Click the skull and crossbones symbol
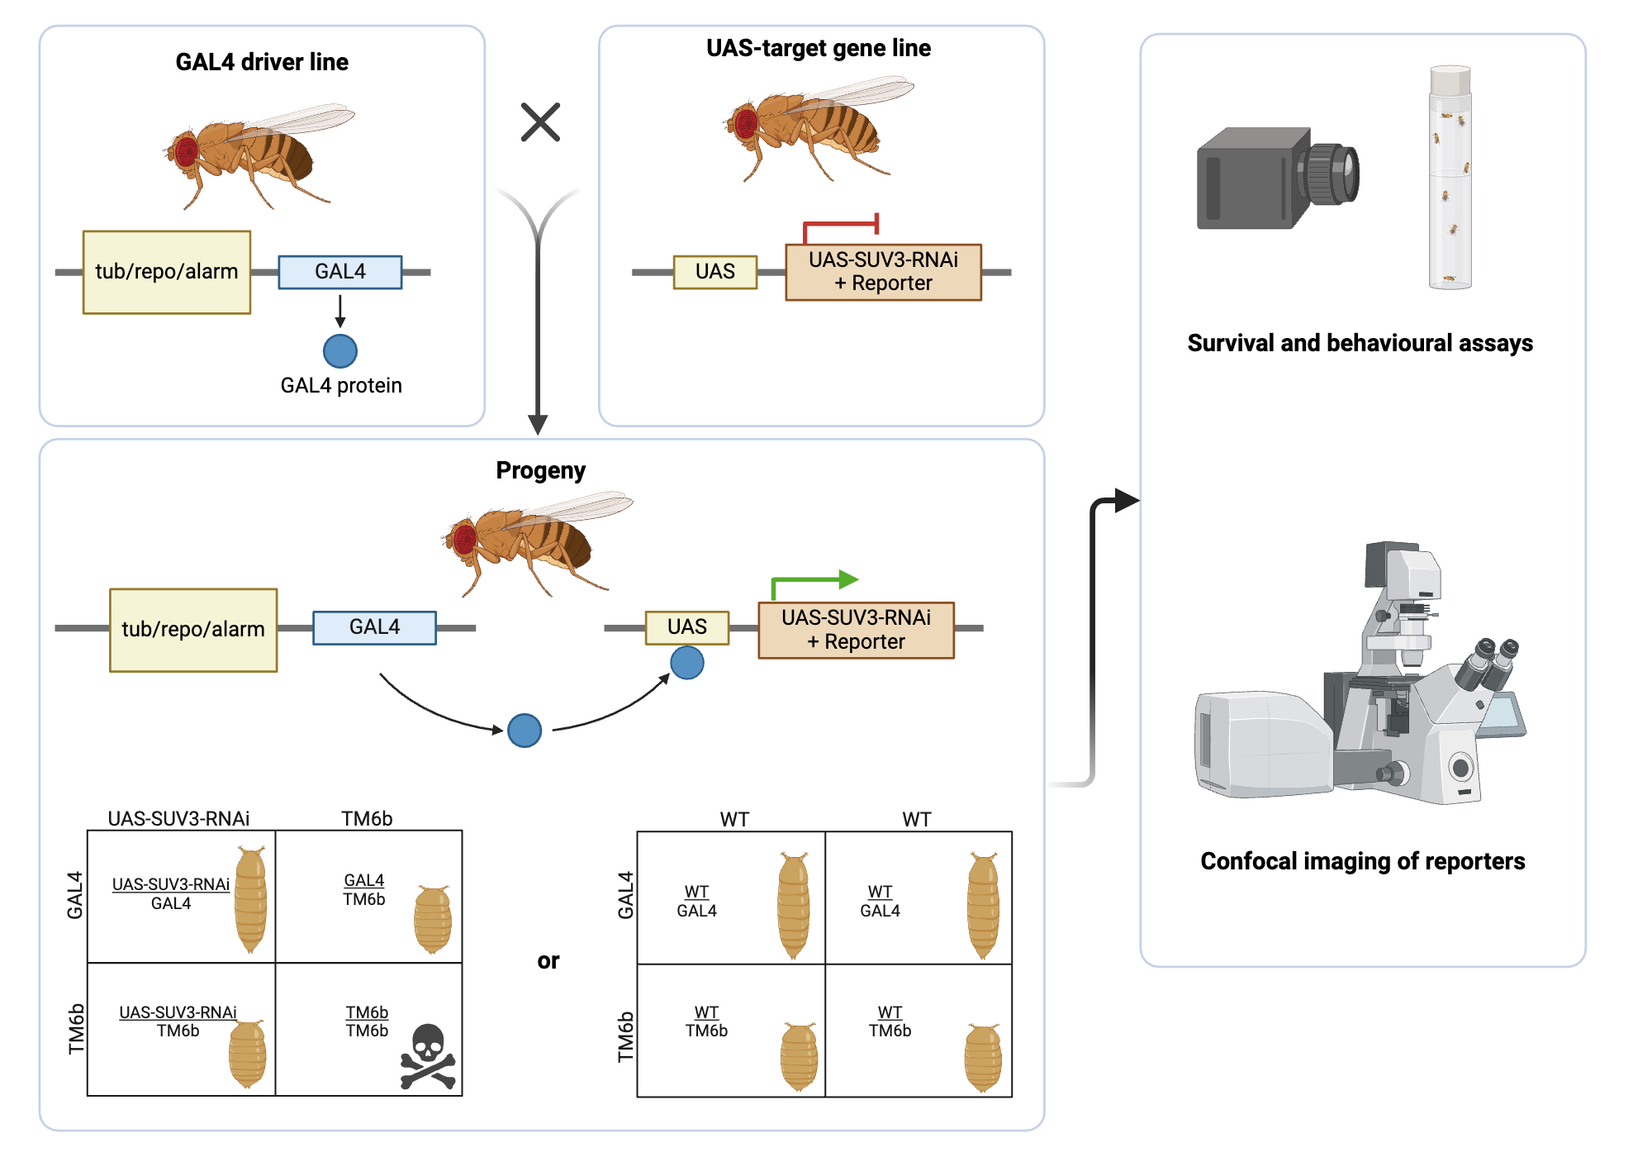tap(428, 1057)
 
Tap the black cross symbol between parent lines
tap(540, 122)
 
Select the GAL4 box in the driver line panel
tap(339, 272)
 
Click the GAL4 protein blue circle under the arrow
tap(339, 351)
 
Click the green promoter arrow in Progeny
tap(814, 582)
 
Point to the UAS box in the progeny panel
tap(686, 627)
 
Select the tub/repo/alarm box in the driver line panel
tap(166, 272)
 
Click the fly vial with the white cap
tap(1450, 178)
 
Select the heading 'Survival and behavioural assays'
tap(1360, 343)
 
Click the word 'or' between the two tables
tap(548, 960)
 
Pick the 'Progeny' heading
tap(540, 470)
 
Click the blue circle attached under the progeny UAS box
tap(686, 663)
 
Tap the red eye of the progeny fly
tap(464, 540)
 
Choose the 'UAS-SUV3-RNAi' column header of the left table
tap(178, 818)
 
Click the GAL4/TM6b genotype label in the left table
tap(363, 890)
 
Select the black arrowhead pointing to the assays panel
tap(1125, 500)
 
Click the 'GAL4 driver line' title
tap(262, 62)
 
